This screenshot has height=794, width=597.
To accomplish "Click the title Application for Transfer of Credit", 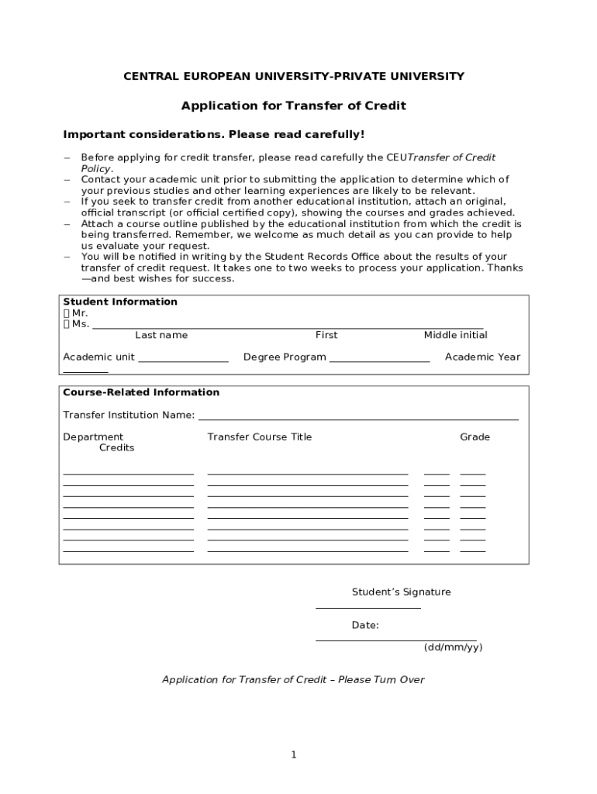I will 293,105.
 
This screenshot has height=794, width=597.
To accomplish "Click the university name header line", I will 295,76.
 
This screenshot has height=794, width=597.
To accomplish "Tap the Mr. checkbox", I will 67,313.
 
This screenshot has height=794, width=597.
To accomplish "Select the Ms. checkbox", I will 67,324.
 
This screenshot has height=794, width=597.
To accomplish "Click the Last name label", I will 161,335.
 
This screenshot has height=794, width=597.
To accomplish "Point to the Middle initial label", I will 455,335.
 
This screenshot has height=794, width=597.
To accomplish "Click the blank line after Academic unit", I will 183,360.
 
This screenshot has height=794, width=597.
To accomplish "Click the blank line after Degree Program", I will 379,360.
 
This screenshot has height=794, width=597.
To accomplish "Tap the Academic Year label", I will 482,357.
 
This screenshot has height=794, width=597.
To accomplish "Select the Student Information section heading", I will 120,302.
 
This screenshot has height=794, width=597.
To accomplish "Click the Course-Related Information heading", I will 141,392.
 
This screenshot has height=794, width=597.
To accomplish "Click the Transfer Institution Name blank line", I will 358,418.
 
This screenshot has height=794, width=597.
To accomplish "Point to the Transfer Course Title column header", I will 259,437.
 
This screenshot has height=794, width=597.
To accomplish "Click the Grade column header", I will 474,437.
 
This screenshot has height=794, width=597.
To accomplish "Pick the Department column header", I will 93,437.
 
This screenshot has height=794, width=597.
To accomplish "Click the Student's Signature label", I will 401,592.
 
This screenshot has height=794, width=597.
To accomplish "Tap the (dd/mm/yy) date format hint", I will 453,647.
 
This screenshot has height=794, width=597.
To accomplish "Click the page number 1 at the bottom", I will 294,754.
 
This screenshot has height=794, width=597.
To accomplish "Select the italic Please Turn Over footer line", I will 293,679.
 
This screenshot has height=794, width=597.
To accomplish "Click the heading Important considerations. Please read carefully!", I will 213,135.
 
